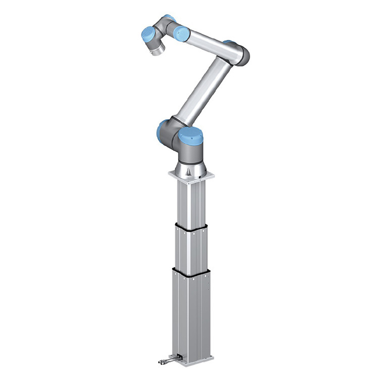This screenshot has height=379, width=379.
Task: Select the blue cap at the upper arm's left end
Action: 181,33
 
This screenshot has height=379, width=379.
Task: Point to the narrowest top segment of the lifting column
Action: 191,202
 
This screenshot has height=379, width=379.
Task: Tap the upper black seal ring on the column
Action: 191,227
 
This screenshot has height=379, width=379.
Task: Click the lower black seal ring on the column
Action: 191,274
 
